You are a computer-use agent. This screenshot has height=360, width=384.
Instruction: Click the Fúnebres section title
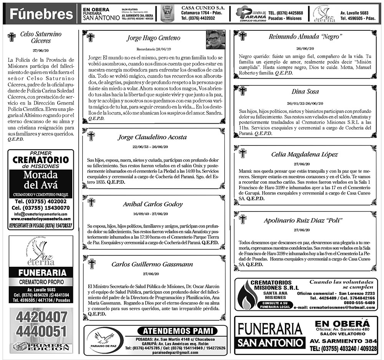point(41,15)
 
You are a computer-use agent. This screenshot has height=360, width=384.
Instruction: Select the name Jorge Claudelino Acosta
point(152,137)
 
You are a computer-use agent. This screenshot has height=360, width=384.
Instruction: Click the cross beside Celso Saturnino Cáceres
point(12,37)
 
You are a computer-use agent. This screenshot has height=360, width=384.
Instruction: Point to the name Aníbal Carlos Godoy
point(152,204)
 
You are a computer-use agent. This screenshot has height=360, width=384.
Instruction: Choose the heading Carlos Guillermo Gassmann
point(152,264)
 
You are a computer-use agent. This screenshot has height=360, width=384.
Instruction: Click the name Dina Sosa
point(305,91)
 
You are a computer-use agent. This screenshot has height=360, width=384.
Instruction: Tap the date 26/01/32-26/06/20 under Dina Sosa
point(305,104)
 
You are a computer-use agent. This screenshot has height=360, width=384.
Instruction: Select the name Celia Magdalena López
point(305,154)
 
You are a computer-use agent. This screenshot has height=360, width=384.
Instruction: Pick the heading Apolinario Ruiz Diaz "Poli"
point(303,220)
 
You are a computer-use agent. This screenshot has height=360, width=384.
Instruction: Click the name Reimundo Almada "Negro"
point(305,36)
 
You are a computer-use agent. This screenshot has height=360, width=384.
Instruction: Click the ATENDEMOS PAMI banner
point(177,331)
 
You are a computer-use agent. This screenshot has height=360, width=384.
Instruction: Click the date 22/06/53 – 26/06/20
point(152,147)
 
